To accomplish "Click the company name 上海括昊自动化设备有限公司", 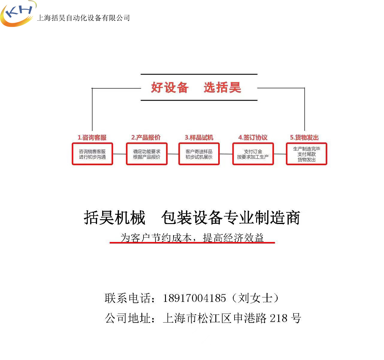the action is coord(83,18).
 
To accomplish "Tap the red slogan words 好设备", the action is coord(170,87).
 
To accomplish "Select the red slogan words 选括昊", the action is coord(222,87).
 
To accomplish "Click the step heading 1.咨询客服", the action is coord(92,137).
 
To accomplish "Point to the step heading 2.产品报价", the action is coord(146,137).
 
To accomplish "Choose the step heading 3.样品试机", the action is coord(199,137).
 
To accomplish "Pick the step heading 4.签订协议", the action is coord(253,137).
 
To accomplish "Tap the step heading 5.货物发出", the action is coord(304,137).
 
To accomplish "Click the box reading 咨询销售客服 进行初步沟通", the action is coord(92,154).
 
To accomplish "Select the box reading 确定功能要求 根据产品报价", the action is coord(146,154).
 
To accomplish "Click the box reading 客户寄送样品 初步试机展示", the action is coord(199,154).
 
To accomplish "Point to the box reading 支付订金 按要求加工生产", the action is coord(253,154).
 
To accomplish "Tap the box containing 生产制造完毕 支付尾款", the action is coord(306,154).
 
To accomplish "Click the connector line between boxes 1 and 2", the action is coord(119,154).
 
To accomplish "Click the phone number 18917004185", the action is coord(194,298).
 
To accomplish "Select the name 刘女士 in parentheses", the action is coord(255,298).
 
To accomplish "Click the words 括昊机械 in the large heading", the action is coord(114,217).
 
